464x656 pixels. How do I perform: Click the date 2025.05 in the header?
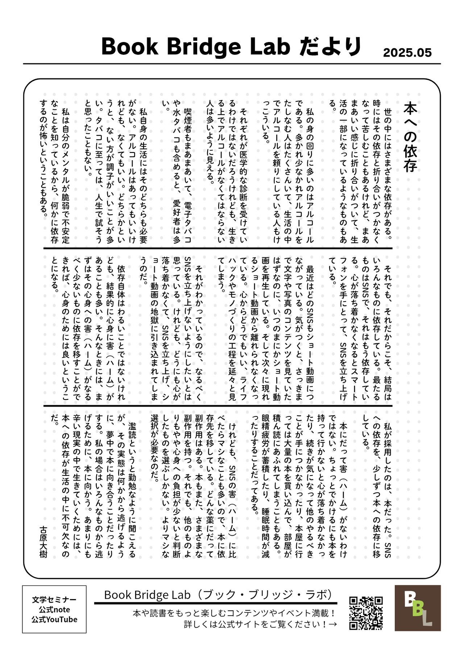[407, 53]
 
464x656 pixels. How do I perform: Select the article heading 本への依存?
[410, 137]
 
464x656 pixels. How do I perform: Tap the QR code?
[366, 613]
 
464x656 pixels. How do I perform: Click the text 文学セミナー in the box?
[54, 600]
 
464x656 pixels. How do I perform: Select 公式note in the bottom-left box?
[54, 610]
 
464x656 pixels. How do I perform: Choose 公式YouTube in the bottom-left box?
[54, 619]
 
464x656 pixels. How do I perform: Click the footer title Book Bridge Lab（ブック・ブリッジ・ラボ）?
[218, 595]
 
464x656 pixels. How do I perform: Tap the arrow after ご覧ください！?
[333, 624]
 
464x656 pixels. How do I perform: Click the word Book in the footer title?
[118, 595]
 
